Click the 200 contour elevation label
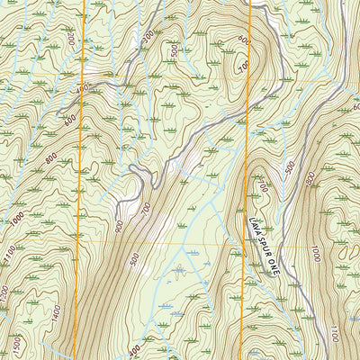pos(71,41)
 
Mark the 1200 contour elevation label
pos(6,292)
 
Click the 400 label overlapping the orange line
pos(83,90)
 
